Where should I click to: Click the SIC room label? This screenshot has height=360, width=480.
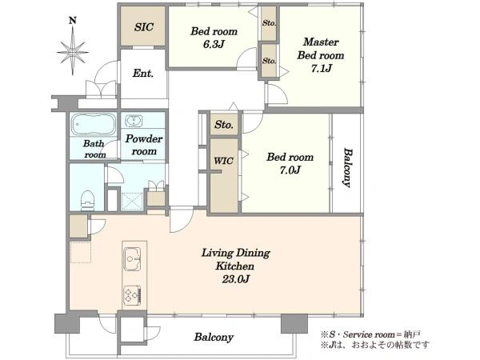[144, 27]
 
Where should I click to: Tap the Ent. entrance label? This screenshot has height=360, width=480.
[143, 73]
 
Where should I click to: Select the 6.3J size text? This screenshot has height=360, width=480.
[214, 44]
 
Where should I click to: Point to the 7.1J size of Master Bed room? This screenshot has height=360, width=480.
[321, 68]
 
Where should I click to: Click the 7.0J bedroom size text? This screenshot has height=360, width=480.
[290, 170]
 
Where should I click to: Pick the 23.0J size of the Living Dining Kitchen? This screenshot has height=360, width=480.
[236, 279]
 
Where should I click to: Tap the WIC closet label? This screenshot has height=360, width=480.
[223, 161]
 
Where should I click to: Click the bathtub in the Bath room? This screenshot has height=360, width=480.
[94, 124]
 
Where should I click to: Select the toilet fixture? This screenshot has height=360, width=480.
[87, 200]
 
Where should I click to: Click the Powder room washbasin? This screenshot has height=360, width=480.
[134, 121]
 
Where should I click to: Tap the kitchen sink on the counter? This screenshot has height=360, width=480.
[132, 259]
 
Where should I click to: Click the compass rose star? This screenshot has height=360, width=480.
[73, 51]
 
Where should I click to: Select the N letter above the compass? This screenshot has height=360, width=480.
[73, 21]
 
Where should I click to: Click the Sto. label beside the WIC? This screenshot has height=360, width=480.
[224, 125]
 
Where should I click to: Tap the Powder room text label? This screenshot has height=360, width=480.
[143, 145]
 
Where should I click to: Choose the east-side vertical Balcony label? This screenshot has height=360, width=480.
[347, 168]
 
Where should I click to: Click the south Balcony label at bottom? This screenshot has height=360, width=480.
[214, 338]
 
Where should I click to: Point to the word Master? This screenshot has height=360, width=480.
[321, 42]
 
